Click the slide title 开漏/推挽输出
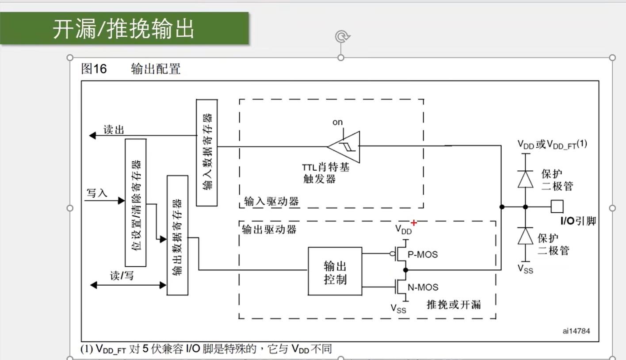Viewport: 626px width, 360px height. tap(123, 29)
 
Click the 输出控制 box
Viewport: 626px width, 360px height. tap(335, 271)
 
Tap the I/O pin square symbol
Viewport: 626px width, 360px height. tap(557, 207)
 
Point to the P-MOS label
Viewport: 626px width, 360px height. tap(423, 255)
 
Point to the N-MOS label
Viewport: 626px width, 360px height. tap(423, 287)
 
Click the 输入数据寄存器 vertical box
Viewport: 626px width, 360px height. tap(207, 153)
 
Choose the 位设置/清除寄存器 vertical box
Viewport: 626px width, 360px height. tap(136, 203)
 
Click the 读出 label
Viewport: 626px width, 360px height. tap(114, 130)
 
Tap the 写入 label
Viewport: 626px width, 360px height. tap(97, 193)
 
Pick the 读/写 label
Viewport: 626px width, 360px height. tap(122, 276)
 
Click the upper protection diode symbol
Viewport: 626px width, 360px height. tap(526, 179)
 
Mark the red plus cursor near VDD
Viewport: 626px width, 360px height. tap(414, 223)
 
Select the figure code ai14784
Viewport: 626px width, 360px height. tap(576, 331)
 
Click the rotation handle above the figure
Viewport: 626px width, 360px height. tap(341, 36)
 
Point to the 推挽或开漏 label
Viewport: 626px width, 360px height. tap(454, 305)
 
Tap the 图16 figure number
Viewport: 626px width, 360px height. tap(94, 69)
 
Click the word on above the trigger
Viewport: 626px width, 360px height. tap(337, 123)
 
